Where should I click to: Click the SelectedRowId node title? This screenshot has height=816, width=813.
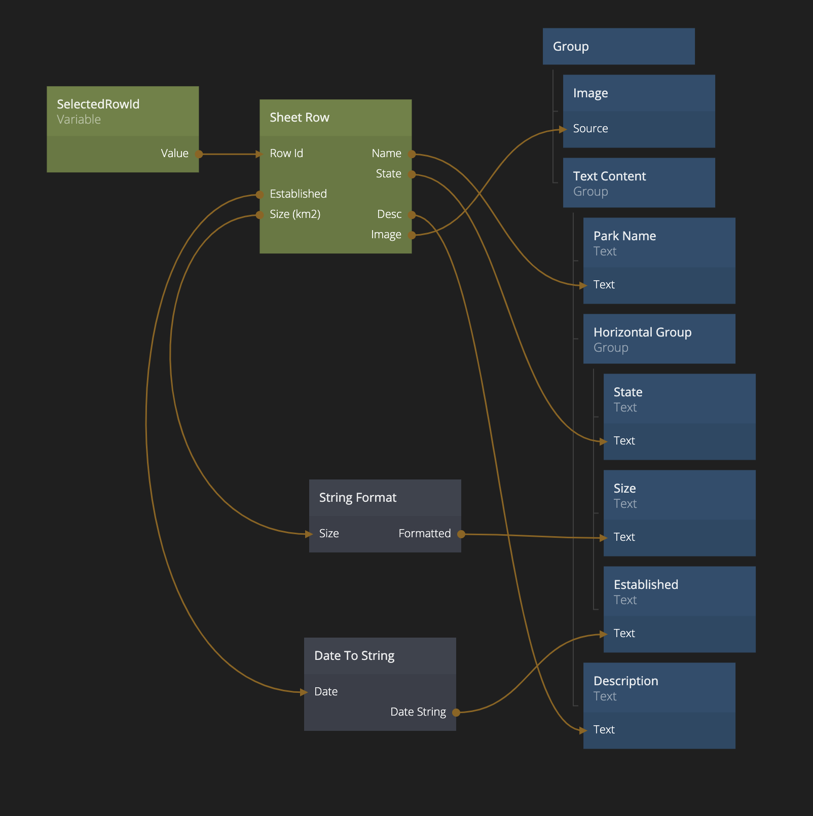pos(98,104)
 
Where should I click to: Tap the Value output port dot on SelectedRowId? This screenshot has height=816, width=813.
pos(199,154)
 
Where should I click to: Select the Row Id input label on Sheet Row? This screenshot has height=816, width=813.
pos(286,154)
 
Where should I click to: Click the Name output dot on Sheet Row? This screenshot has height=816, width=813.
pos(412,154)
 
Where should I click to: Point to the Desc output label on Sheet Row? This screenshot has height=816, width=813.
pos(389,214)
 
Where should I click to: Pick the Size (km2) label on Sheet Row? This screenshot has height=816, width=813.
pos(295,214)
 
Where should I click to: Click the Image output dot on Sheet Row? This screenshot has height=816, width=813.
pos(412,235)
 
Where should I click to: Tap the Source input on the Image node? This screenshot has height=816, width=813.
pos(590,129)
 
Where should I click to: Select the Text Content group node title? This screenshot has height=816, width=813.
pos(609,176)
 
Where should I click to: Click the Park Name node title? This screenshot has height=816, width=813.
pos(624,236)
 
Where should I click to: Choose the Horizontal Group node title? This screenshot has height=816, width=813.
pos(642,332)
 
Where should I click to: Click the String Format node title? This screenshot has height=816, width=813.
pos(357,498)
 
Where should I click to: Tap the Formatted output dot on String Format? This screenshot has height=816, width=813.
pos(461,534)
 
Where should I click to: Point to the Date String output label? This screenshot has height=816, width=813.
pos(418,712)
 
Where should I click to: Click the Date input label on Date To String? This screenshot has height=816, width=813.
pos(326,692)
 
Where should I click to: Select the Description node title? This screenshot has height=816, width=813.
pos(625,681)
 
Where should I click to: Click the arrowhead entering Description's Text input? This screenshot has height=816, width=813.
pos(583,730)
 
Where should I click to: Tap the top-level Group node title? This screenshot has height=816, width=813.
pos(571,47)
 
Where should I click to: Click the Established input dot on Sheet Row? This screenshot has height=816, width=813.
pos(260,195)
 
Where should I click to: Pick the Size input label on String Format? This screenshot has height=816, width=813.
pos(329,534)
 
